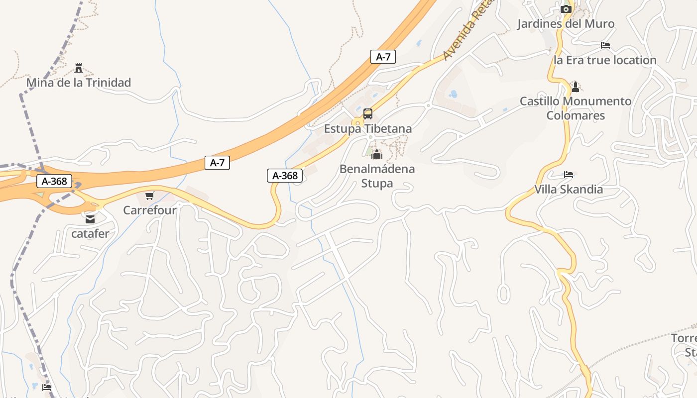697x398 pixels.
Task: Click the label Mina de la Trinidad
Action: tap(78, 83)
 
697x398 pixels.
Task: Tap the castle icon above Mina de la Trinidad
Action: tap(78, 68)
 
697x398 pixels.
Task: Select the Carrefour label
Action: tap(150, 210)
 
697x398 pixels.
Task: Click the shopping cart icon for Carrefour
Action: tap(150, 196)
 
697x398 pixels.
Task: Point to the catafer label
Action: tap(90, 233)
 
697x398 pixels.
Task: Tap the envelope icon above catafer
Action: tap(90, 219)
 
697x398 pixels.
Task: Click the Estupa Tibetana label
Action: tap(368, 129)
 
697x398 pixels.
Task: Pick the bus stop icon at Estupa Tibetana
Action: tap(368, 114)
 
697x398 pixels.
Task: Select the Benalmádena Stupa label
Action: tap(377, 176)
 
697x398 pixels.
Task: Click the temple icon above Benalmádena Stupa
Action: tap(377, 154)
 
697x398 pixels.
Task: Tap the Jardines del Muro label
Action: tap(566, 23)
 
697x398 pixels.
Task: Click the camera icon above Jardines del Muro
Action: tap(566, 9)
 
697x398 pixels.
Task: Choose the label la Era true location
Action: tap(605, 60)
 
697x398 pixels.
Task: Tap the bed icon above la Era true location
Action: tap(605, 45)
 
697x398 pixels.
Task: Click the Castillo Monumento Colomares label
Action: tap(576, 108)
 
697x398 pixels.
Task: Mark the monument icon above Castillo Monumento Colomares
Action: tap(576, 87)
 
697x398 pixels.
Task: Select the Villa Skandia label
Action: tap(569, 190)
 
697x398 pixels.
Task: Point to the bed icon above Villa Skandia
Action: tap(569, 175)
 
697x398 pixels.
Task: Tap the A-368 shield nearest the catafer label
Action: tap(54, 182)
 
